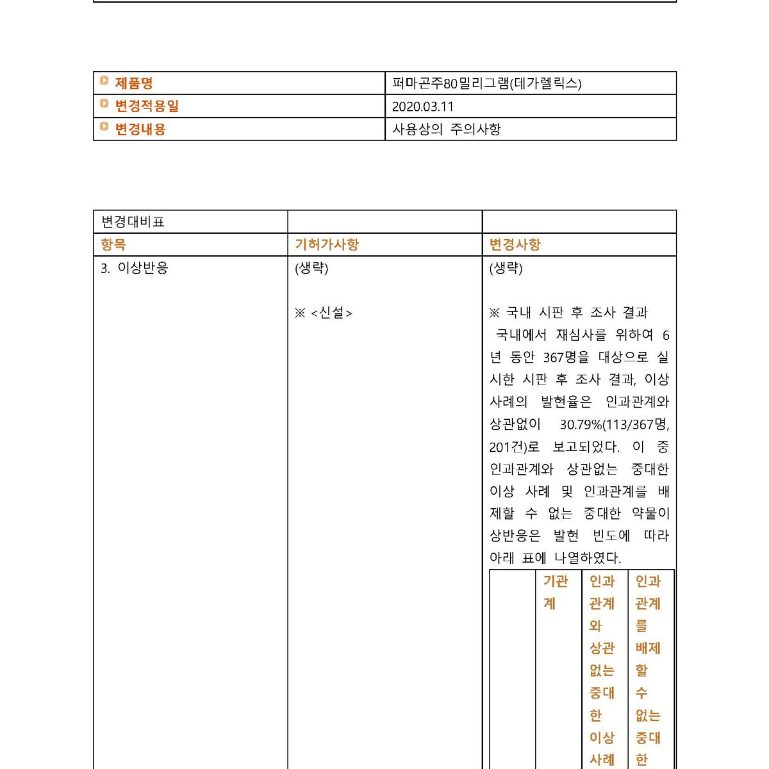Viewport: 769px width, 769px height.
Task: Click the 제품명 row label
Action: coord(133,83)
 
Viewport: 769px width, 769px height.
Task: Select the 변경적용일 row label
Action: coord(147,106)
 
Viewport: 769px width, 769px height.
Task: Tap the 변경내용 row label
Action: coord(140,129)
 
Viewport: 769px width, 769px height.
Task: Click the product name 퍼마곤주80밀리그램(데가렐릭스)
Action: coord(487,83)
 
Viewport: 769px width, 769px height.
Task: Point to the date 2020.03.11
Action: coord(423,106)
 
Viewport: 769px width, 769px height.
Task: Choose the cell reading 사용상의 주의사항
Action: coord(447,129)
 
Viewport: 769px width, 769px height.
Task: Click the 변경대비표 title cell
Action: coord(133,222)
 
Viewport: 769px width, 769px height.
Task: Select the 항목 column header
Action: coord(113,244)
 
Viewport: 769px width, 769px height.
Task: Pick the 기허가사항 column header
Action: coord(327,244)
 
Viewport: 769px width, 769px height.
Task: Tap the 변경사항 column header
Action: coord(515,244)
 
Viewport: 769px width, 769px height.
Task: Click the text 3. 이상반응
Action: coord(135,268)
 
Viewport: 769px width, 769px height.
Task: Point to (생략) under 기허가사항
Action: coord(311,268)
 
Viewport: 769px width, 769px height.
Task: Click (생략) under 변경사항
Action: coord(506,268)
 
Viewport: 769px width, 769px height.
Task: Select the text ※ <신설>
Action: coord(324,313)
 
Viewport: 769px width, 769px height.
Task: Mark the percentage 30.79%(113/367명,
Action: coord(614,424)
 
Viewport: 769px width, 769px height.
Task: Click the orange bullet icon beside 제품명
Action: coord(104,81)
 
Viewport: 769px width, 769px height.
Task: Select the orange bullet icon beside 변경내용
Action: coord(104,127)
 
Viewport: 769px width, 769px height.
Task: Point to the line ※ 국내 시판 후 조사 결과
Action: coord(568,313)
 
